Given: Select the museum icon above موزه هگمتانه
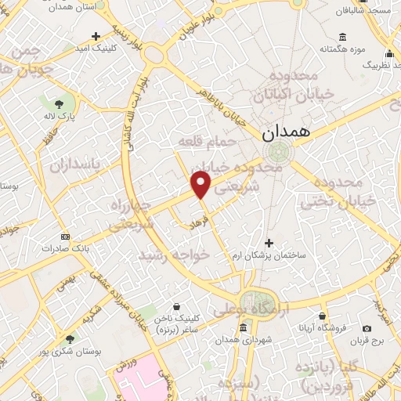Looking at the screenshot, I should [343, 37].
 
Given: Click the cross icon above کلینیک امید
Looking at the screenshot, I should [96, 36].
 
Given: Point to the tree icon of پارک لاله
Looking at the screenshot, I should [59, 103].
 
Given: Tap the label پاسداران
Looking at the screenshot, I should [76, 165].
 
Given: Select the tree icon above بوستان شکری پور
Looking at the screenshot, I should [70, 340].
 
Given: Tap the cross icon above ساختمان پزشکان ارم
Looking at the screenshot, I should [269, 243].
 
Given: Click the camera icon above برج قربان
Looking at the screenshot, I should [367, 328].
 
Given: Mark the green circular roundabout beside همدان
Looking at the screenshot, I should [276, 152].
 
